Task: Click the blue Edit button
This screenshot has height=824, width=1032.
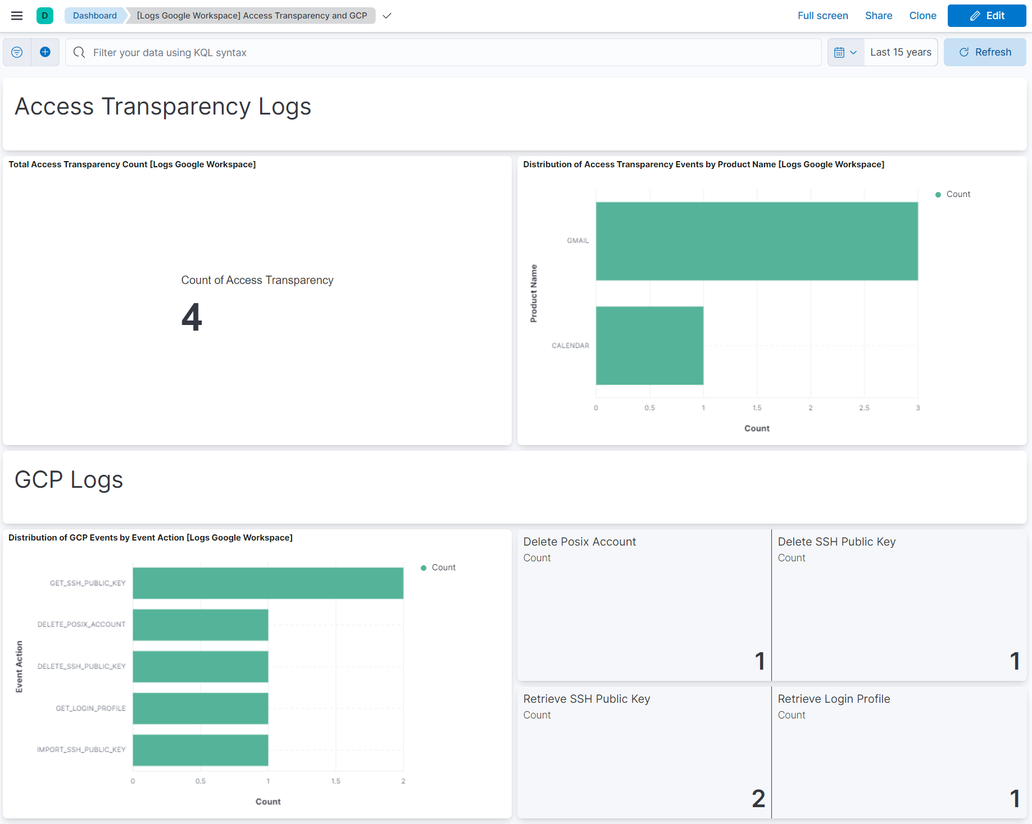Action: (x=986, y=16)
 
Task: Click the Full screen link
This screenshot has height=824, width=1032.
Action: (x=822, y=16)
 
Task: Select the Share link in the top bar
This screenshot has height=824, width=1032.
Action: (x=878, y=16)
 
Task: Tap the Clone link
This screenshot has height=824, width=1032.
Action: (x=922, y=16)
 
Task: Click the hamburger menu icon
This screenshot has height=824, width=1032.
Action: (x=17, y=16)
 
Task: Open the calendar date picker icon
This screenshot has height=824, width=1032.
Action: (x=845, y=52)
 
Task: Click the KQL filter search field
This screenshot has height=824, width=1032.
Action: (x=444, y=52)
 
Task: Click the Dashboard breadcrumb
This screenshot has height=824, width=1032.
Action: (x=94, y=16)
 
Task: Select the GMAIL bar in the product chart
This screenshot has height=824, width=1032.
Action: (x=756, y=241)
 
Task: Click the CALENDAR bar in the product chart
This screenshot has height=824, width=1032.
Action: (x=649, y=345)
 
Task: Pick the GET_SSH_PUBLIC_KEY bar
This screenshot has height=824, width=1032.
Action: (x=268, y=583)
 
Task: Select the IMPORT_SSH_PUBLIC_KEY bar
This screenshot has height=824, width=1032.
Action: (x=201, y=750)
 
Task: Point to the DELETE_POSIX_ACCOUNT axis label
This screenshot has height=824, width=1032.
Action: (x=81, y=624)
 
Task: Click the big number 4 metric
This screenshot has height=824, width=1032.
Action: (x=192, y=317)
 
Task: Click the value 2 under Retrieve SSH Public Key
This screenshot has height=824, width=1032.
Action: (x=758, y=798)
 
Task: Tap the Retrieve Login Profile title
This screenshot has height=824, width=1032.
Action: (x=834, y=699)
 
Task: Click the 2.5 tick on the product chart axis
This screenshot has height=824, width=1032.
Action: (x=864, y=408)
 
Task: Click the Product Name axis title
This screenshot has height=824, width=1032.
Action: (x=534, y=293)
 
